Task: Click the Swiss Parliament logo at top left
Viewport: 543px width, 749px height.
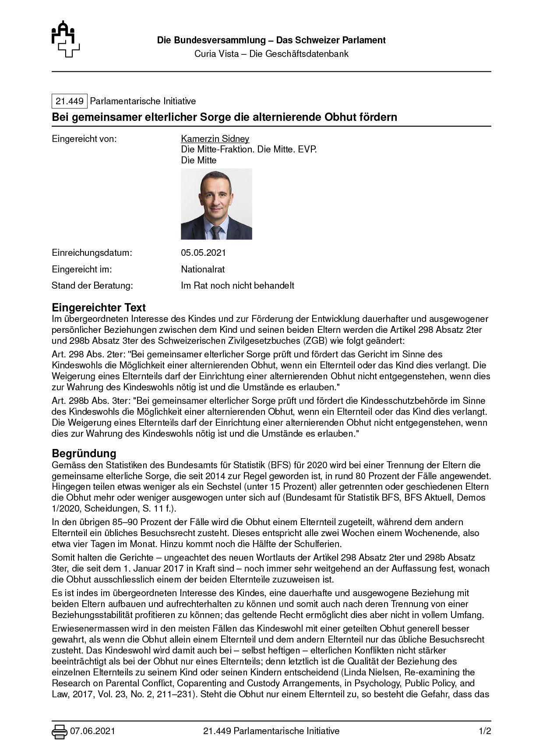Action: pyautogui.click(x=66, y=39)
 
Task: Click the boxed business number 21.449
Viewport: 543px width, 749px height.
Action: pyautogui.click(x=70, y=101)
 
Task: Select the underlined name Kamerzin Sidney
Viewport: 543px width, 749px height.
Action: pyautogui.click(x=215, y=139)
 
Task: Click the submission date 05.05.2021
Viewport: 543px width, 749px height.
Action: pyautogui.click(x=203, y=253)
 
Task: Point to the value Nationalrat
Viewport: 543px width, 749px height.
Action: pyautogui.click(x=203, y=269)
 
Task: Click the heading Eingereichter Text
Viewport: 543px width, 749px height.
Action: pyautogui.click(x=99, y=307)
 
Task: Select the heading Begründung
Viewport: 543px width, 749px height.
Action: pyautogui.click(x=84, y=453)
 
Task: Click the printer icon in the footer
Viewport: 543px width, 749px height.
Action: pyautogui.click(x=59, y=731)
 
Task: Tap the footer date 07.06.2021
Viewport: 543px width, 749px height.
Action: pyautogui.click(x=92, y=731)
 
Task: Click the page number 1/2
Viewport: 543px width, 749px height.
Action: pyautogui.click(x=485, y=731)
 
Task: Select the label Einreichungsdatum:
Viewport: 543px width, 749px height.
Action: pyautogui.click(x=92, y=253)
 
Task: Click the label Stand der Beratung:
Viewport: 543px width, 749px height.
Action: pyautogui.click(x=92, y=286)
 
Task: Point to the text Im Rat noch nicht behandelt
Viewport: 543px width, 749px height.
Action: pyautogui.click(x=237, y=286)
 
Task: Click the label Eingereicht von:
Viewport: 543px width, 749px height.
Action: pyautogui.click(x=85, y=139)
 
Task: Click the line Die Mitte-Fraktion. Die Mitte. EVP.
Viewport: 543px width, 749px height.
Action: pyautogui.click(x=249, y=149)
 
